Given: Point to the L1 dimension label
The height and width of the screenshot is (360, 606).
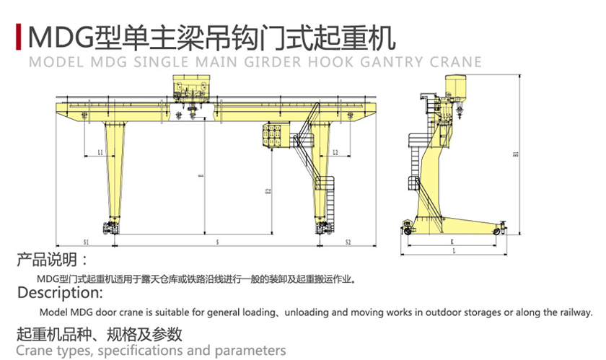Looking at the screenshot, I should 100,152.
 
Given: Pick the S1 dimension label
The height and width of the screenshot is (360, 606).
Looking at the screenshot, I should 86,242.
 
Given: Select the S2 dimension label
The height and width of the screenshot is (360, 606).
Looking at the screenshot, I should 348,242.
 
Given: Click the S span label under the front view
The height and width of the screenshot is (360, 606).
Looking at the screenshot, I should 218,242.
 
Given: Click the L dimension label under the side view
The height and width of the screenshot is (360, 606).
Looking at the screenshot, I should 453,253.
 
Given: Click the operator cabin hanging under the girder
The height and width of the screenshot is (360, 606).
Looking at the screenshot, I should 274,135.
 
